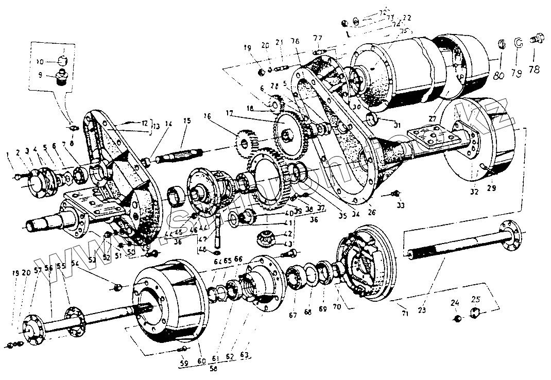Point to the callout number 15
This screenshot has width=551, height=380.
pos(186,121)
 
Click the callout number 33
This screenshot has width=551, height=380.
pos(401,205)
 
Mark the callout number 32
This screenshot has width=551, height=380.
pos(474,191)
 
